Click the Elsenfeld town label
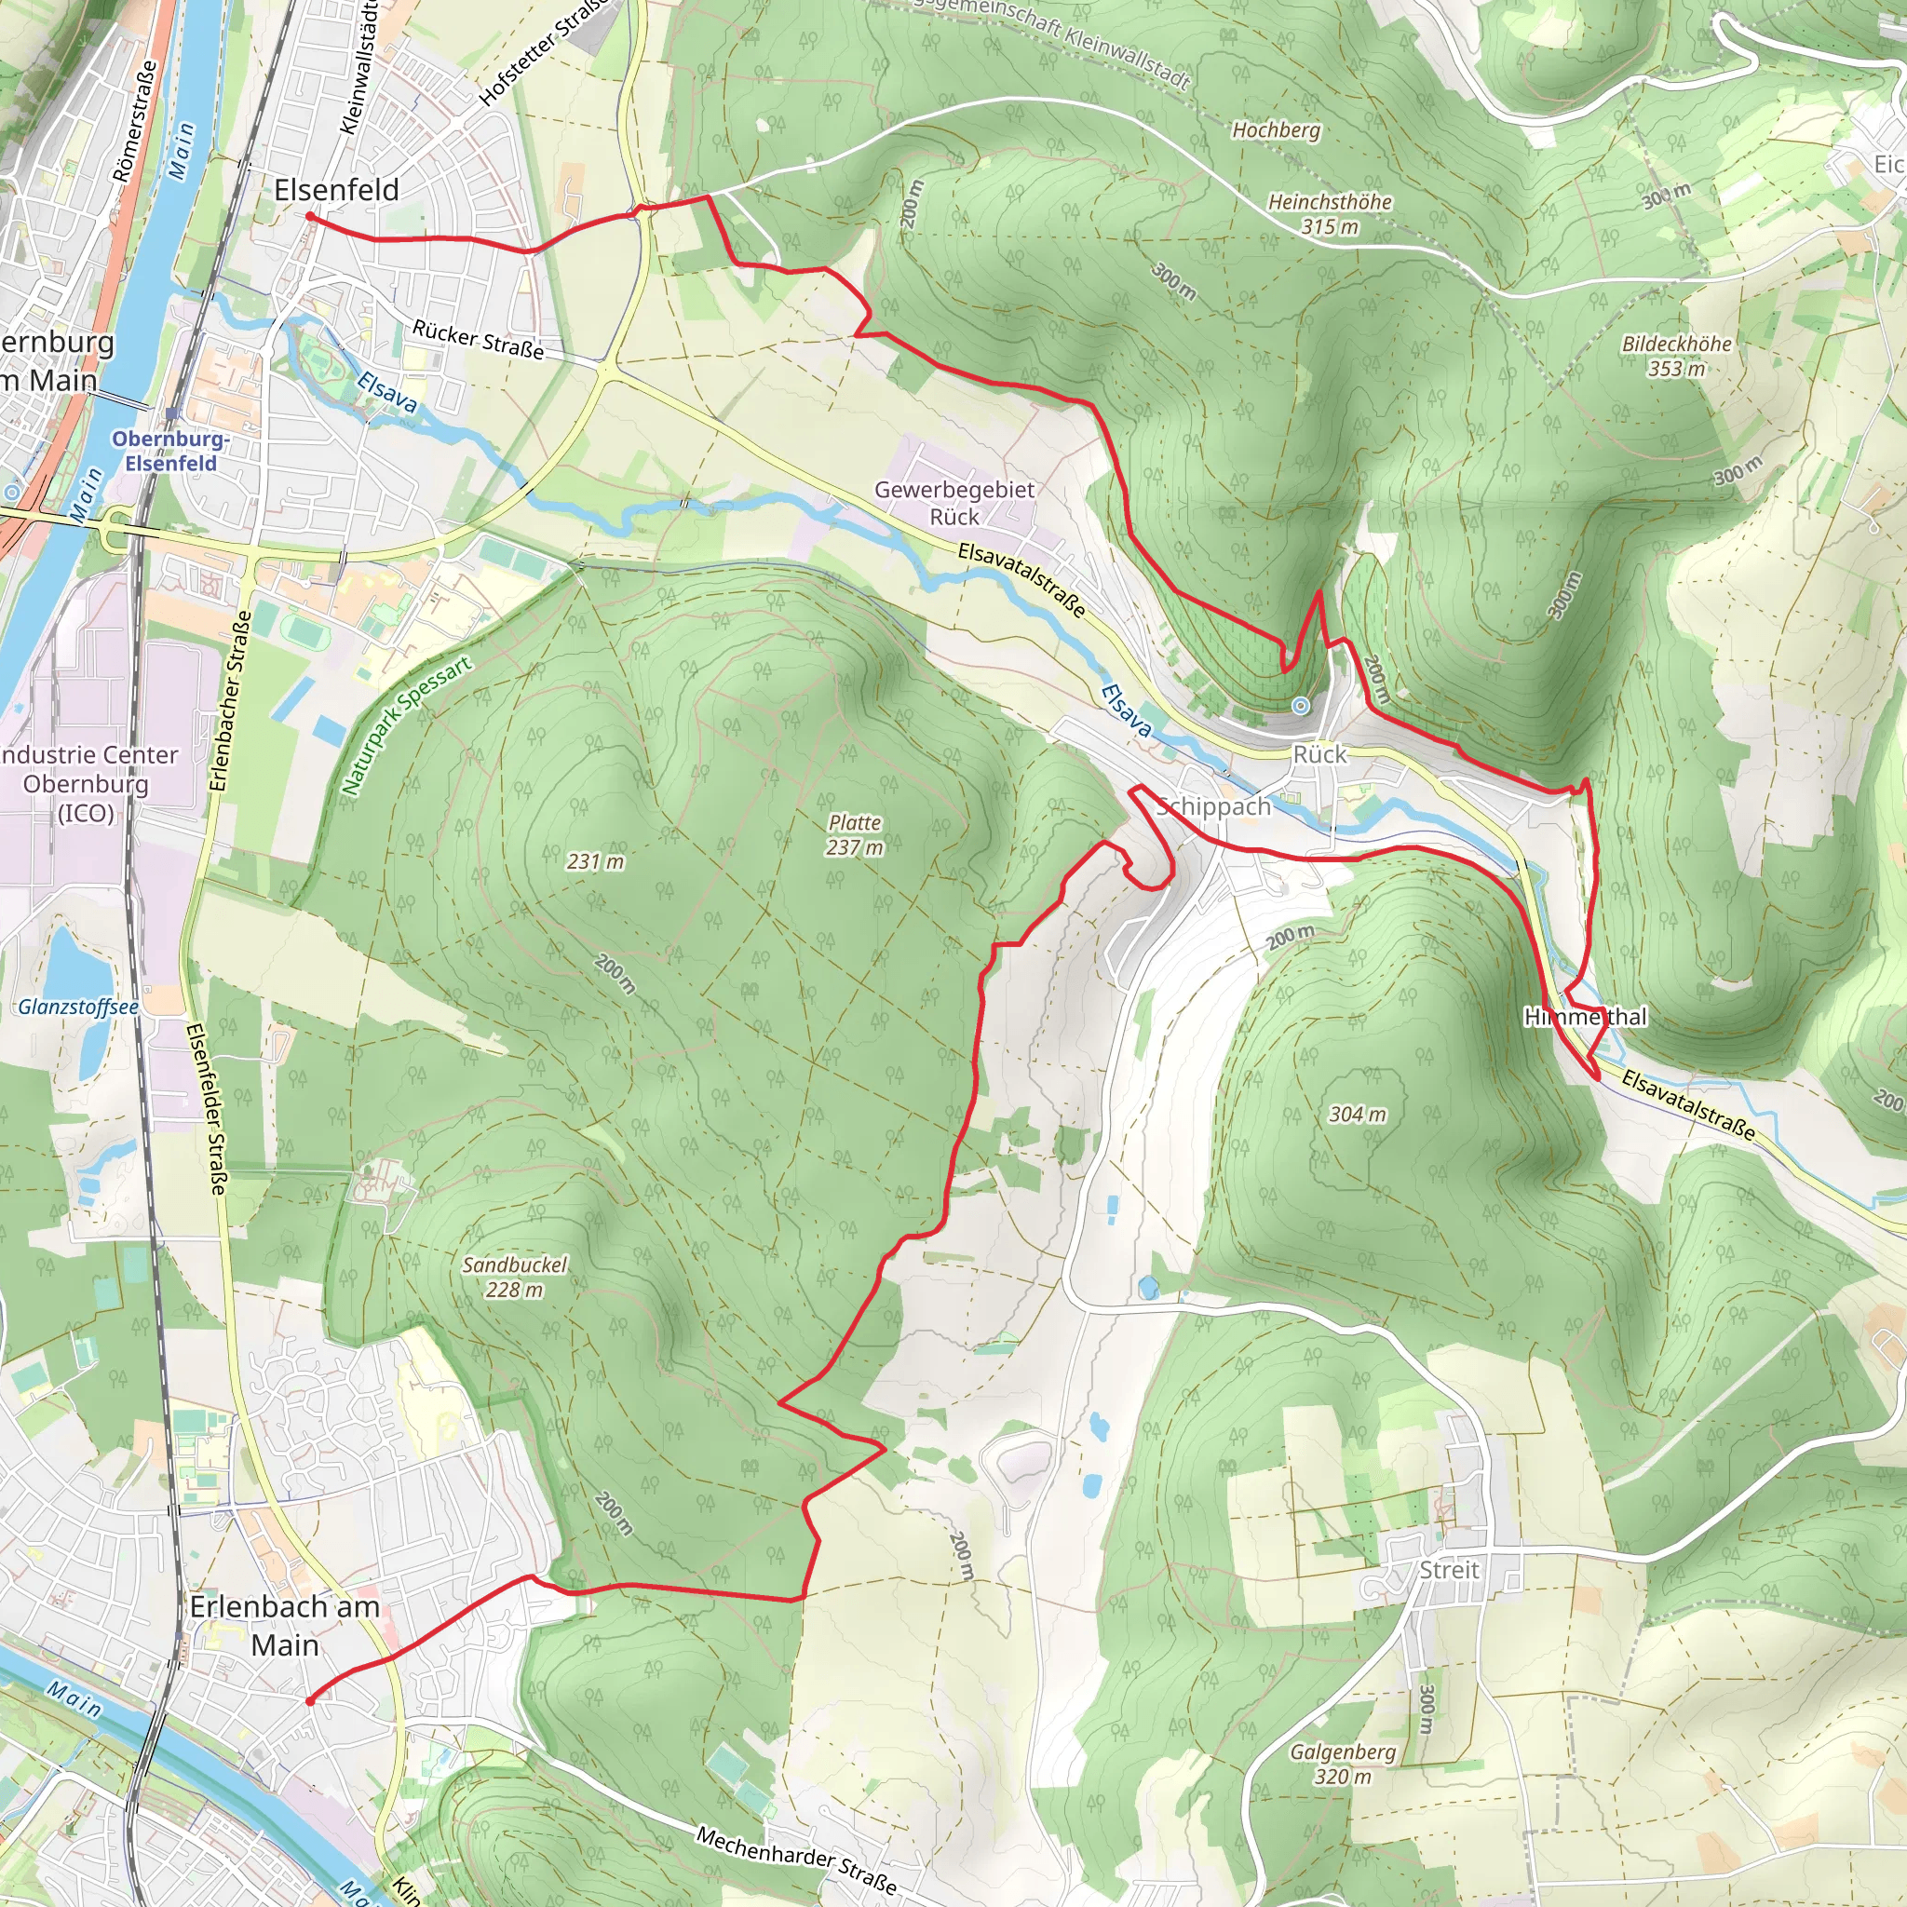coord(335,190)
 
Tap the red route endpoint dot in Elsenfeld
coord(310,216)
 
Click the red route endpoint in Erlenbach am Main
coord(310,1700)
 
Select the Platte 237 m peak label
coord(854,835)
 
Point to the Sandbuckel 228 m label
coord(514,1278)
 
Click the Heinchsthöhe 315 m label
coord(1329,214)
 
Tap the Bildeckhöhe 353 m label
coord(1676,357)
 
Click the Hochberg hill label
coord(1276,130)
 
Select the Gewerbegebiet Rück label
coord(953,504)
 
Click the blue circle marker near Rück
coord(1301,706)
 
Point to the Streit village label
coord(1449,1571)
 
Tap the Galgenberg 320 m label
coord(1343,1764)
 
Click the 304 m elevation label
coord(1358,1116)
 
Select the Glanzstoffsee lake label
coord(78,1007)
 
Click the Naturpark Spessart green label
coord(406,725)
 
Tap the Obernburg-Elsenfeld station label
coord(170,451)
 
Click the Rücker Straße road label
coord(478,339)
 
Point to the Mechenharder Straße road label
coord(795,1860)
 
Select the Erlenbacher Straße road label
coord(231,701)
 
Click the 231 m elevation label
coord(595,861)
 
